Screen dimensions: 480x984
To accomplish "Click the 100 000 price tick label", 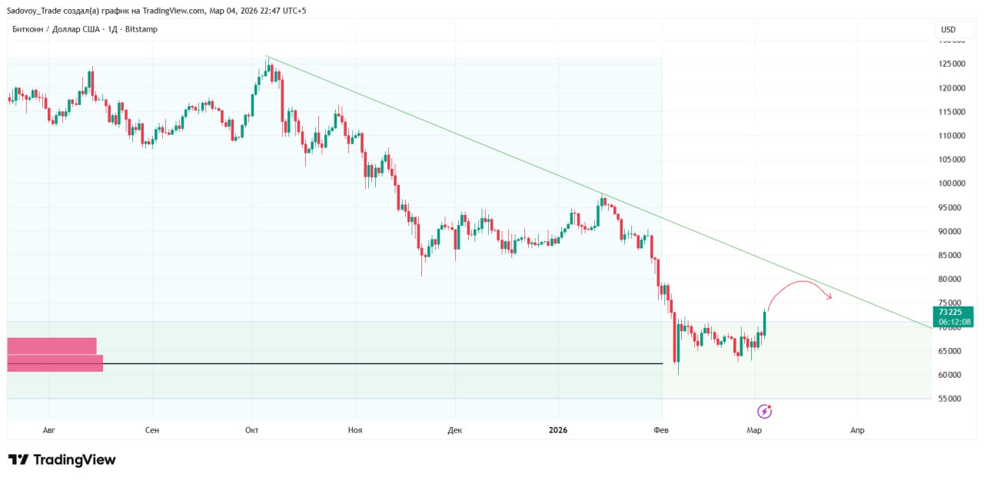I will pyautogui.click(x=952, y=184).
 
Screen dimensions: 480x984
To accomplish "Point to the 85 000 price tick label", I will pyautogui.click(x=952, y=255).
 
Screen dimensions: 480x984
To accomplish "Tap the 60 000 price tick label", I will pyautogui.click(x=952, y=375).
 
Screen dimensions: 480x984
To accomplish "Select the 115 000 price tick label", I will pyautogui.click(x=952, y=112).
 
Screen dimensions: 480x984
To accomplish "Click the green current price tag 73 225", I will pyautogui.click(x=952, y=316).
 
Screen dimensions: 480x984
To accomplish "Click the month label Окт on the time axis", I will pyautogui.click(x=251, y=430).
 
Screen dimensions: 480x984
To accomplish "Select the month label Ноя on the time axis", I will pyautogui.click(x=354, y=430).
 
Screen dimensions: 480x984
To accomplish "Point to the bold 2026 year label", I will pyautogui.click(x=558, y=430).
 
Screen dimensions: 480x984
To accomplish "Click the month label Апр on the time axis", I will pyautogui.click(x=857, y=430).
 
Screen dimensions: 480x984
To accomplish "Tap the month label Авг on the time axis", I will pyautogui.click(x=49, y=430).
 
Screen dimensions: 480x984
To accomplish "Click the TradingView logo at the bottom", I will pyautogui.click(x=61, y=460).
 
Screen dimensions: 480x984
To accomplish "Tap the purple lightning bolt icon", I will pyautogui.click(x=764, y=411).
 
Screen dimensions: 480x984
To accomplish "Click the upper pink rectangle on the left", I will pyautogui.click(x=52, y=346).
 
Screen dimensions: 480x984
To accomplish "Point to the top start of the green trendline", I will pyautogui.click(x=267, y=56).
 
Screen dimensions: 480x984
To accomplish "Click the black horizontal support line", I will pyautogui.click(x=384, y=363).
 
